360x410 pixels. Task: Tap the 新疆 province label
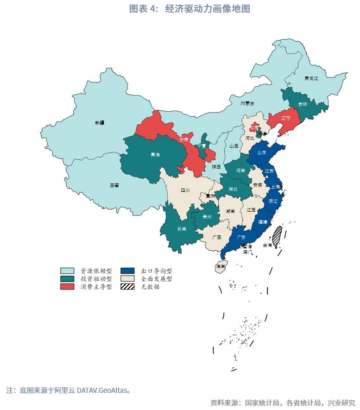[x=100, y=123]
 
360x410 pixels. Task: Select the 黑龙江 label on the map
[x=311, y=78]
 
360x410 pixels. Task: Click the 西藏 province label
[x=114, y=185]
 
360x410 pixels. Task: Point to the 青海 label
[x=155, y=155]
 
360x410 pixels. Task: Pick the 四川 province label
[x=185, y=190]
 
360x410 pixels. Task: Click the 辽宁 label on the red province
[x=285, y=118]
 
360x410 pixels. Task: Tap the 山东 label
[x=262, y=152]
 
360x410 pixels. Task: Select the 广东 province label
[x=241, y=237]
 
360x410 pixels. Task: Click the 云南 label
[x=182, y=229]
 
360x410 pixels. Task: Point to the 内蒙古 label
[x=247, y=103]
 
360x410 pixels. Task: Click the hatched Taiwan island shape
[x=277, y=236]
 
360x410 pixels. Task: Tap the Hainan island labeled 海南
[x=221, y=267]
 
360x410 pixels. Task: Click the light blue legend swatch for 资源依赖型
[x=67, y=271]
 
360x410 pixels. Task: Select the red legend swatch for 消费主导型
[x=67, y=287]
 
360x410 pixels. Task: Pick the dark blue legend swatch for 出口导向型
[x=127, y=271]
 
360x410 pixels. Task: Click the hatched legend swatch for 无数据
[x=127, y=287]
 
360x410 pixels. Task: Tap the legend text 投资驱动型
[x=96, y=279]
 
